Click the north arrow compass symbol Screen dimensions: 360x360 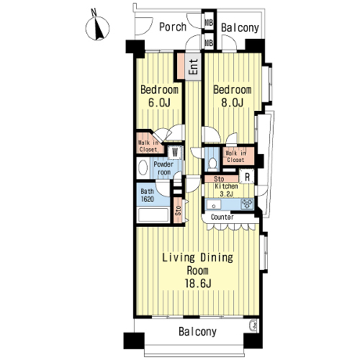point(97,27)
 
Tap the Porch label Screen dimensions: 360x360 point(173,27)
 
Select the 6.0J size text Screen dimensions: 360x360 point(159,102)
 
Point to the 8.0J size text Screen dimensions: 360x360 point(232,102)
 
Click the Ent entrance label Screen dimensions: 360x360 point(193,66)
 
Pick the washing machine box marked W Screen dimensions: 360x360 point(175,152)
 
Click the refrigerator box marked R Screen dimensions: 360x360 point(247,176)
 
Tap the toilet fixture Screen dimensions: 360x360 point(212,163)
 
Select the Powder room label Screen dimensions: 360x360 point(163,168)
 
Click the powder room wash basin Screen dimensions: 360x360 point(143,168)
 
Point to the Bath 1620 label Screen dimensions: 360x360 point(147,195)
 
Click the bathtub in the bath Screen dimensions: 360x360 point(153,215)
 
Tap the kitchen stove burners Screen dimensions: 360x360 point(247,204)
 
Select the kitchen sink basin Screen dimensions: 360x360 point(214,205)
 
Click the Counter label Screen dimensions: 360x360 point(222,217)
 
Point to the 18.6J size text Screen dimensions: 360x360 point(198,284)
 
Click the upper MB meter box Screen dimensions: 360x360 point(209,22)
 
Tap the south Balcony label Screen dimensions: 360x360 point(197,332)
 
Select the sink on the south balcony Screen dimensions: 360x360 point(253,325)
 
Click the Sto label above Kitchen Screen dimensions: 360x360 point(219,179)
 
